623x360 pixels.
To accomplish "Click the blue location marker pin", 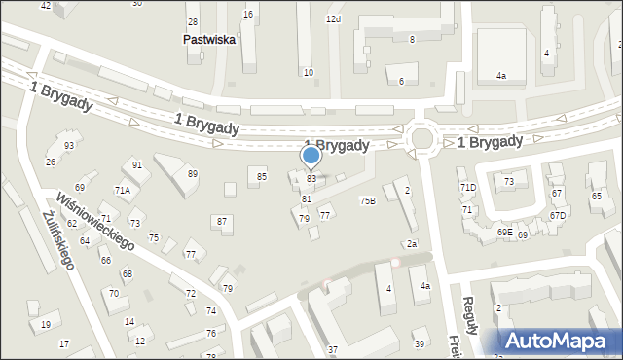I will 311,156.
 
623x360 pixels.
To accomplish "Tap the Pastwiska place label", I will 208,41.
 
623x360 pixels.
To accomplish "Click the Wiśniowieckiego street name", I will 94,219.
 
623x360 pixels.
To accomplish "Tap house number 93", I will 69,146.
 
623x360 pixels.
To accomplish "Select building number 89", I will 193,173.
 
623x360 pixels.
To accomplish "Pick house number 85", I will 262,176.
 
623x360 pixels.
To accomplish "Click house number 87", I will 222,222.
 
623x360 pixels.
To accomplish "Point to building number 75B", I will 367,200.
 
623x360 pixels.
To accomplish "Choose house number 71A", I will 123,190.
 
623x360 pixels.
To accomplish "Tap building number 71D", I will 468,187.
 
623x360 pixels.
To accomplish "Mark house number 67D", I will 557,215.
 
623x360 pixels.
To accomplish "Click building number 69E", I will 504,233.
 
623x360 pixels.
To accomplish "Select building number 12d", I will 333,19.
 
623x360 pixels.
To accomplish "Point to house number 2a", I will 412,243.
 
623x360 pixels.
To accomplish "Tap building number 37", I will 332,349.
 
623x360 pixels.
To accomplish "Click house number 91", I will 137,165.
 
